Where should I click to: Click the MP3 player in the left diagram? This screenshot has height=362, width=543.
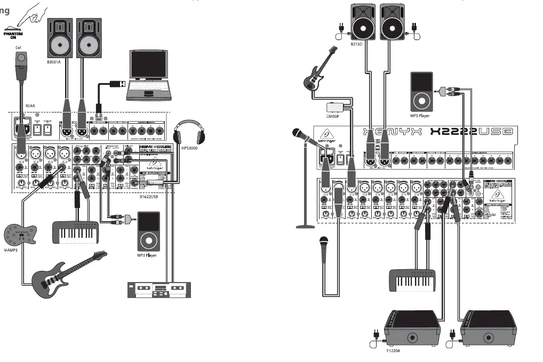pos(149,231)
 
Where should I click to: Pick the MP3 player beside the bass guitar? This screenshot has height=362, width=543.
pos(421,90)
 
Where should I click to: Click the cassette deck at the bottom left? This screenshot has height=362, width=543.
pos(158,290)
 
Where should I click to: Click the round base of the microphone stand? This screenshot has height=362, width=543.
pos(306,227)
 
